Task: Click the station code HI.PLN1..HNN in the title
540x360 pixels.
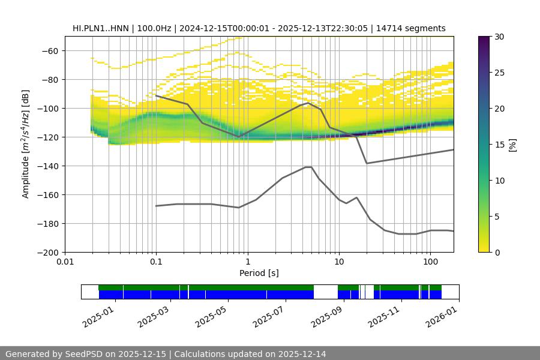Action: [x=100, y=28]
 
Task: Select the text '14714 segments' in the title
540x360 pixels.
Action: [x=415, y=28]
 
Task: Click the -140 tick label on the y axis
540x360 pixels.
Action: [x=46, y=166]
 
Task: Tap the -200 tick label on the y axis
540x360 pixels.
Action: [x=46, y=253]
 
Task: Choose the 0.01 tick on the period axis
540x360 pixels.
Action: [x=65, y=262]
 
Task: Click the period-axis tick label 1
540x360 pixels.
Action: [x=247, y=262]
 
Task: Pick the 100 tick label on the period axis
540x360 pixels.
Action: [x=430, y=262]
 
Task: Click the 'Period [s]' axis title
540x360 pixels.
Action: [x=259, y=273]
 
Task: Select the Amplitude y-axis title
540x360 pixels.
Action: [x=26, y=145]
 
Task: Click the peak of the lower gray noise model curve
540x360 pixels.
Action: [x=308, y=167]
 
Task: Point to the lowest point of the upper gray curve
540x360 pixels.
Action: [x=367, y=163]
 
